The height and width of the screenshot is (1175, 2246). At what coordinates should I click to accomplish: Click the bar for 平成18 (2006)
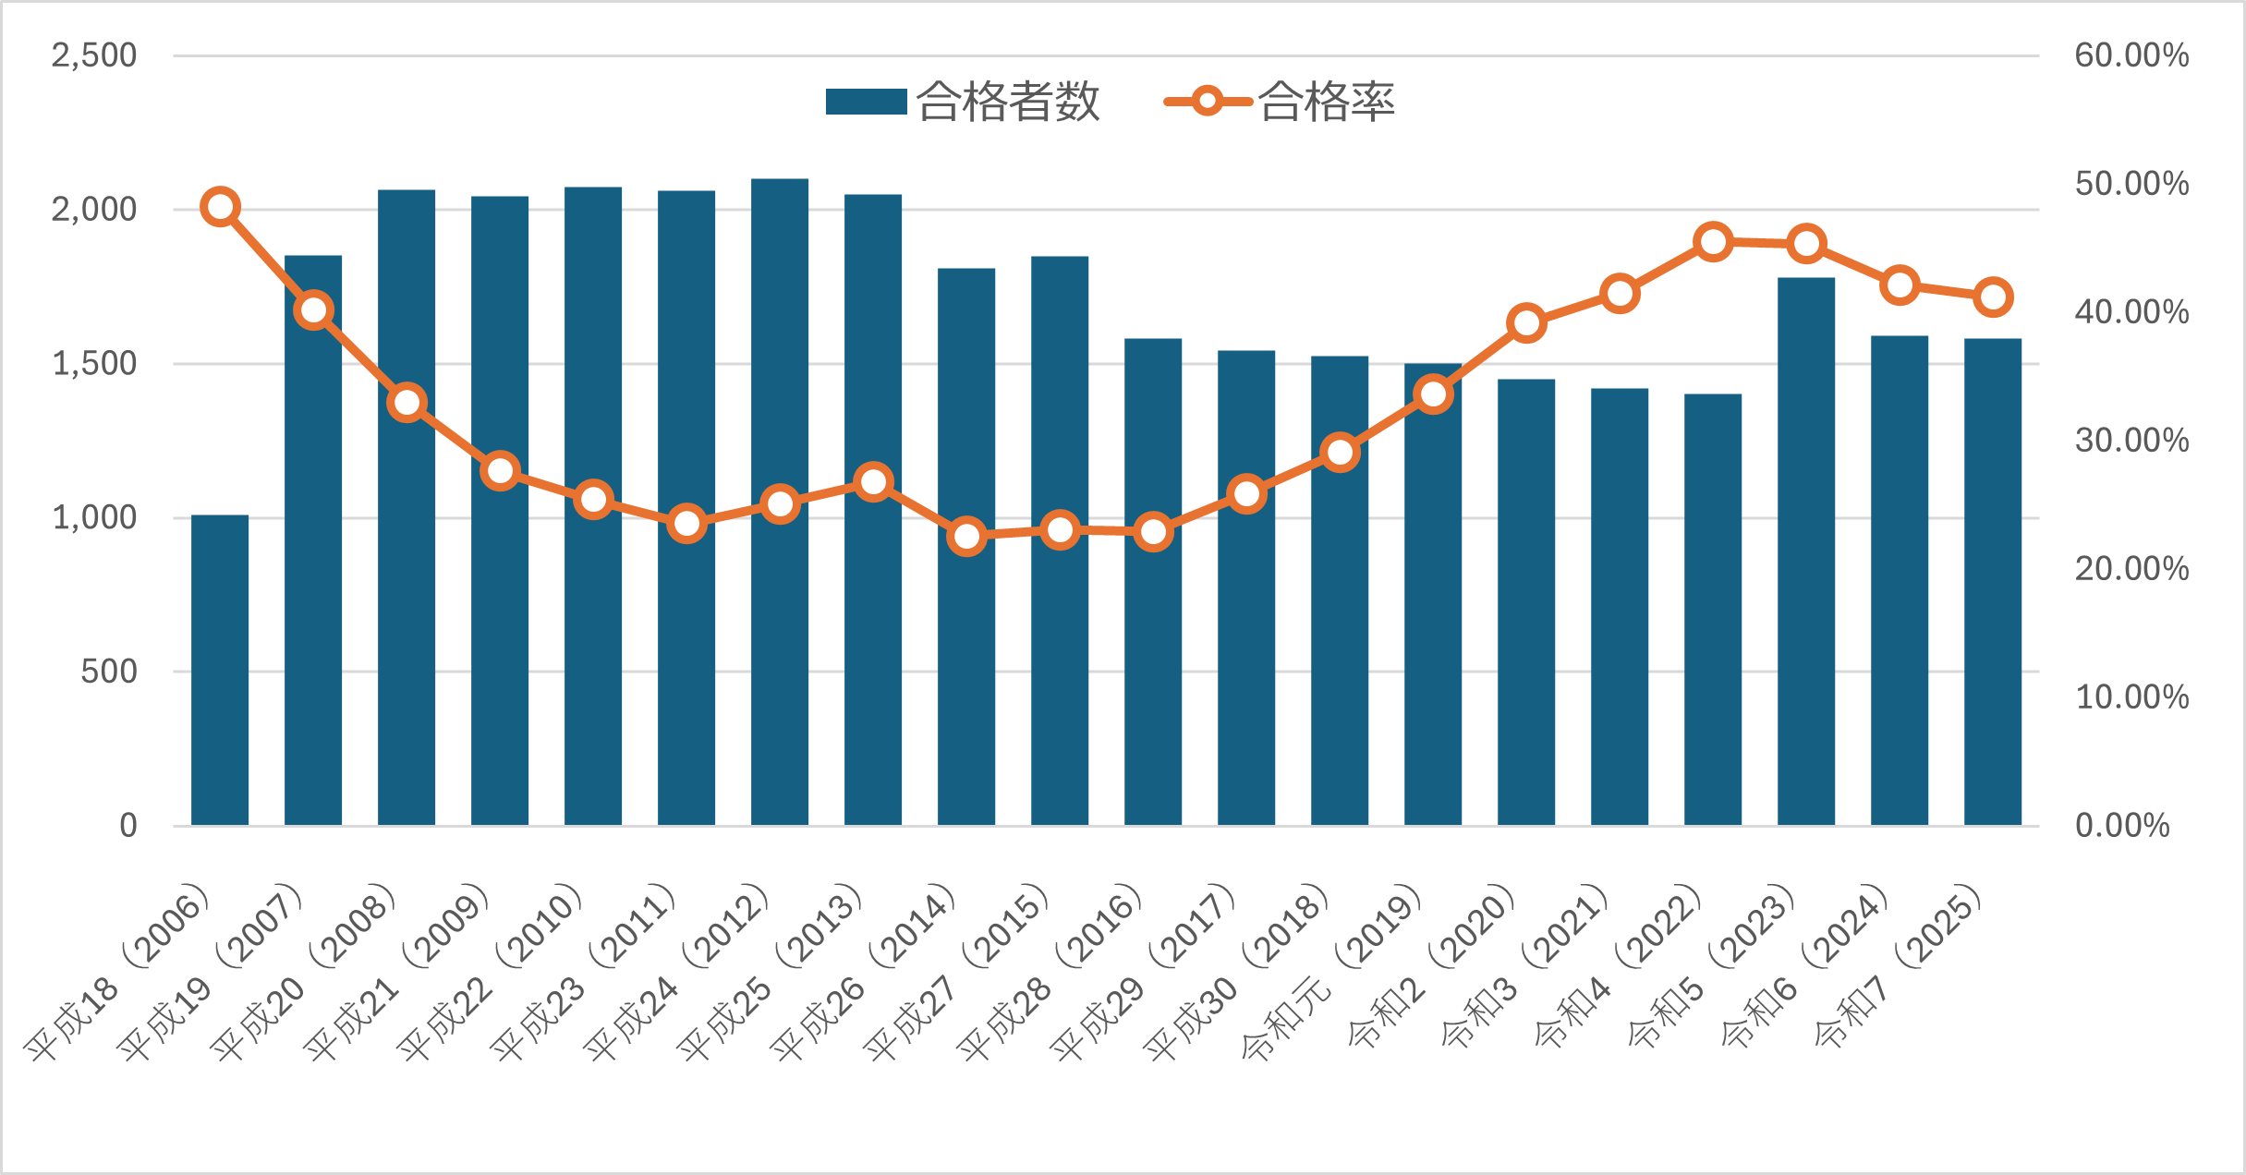pyautogui.click(x=220, y=670)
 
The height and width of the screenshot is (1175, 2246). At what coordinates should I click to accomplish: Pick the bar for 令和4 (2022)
pyautogui.click(x=1713, y=610)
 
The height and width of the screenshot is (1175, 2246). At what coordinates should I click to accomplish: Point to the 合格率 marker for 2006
pyautogui.click(x=221, y=207)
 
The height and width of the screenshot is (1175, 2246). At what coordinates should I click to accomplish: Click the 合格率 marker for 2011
pyautogui.click(x=686, y=524)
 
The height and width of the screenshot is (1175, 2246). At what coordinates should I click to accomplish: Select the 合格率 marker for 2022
pyautogui.click(x=1713, y=242)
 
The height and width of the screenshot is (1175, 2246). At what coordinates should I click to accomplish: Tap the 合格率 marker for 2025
pyautogui.click(x=1993, y=297)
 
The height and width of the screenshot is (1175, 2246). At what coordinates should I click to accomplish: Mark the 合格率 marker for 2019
pyautogui.click(x=1433, y=394)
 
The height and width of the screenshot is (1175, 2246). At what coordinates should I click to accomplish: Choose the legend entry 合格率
pyautogui.click(x=1281, y=102)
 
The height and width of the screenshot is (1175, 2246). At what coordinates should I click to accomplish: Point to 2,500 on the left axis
pyautogui.click(x=94, y=55)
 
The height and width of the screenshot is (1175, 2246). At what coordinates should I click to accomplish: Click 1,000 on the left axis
pyautogui.click(x=94, y=517)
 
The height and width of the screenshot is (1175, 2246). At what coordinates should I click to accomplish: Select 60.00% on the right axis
pyautogui.click(x=2131, y=55)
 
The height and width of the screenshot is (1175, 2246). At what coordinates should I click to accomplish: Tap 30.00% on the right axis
pyautogui.click(x=2131, y=441)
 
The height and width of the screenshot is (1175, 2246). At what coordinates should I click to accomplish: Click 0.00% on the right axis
pyautogui.click(x=2122, y=825)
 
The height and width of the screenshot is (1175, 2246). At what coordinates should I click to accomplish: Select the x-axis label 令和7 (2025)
pyautogui.click(x=1899, y=965)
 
